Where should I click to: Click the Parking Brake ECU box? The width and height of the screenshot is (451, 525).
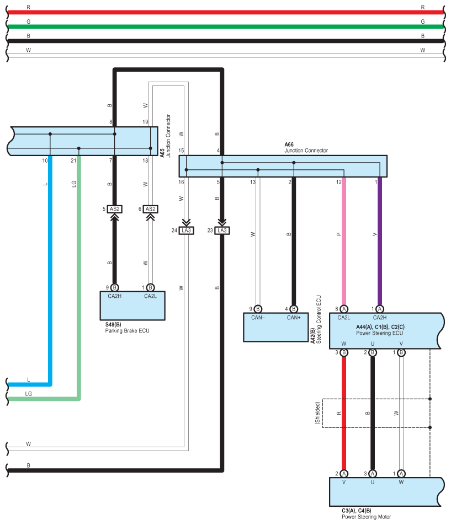coord(132,308)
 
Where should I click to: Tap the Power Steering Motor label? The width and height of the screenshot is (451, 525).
coord(366,517)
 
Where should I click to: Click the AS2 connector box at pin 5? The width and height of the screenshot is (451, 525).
coord(115,209)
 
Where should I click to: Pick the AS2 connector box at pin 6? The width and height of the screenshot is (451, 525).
coord(150,209)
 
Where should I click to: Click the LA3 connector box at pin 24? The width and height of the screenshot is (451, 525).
coord(186,230)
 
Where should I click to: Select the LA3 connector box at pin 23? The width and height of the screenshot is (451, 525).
coord(221,230)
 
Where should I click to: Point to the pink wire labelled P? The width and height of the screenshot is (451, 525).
coord(344,243)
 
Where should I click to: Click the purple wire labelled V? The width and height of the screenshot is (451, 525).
coord(379,243)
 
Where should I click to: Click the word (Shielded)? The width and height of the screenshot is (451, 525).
coord(317,413)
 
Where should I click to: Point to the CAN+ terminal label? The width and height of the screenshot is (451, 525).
coord(294,318)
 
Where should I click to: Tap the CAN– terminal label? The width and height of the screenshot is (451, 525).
coord(258,318)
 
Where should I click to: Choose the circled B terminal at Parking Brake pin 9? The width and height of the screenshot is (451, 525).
coord(115,287)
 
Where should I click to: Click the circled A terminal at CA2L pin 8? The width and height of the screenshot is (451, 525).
coord(344,308)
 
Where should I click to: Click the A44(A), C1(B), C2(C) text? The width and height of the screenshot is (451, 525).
coord(380,327)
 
